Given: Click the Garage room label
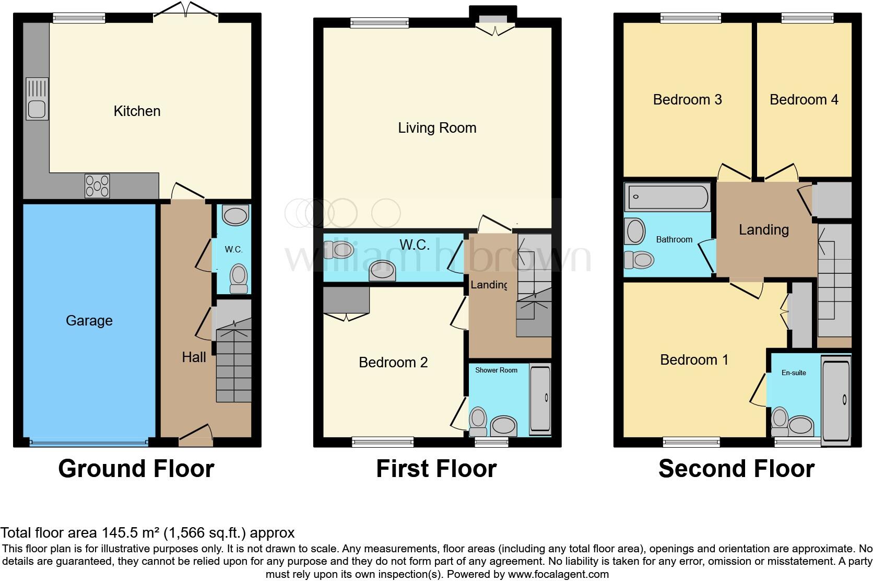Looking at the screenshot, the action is pos(89,320).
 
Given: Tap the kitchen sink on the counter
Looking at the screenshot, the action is pos(37,99).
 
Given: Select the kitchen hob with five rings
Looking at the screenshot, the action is pos(97,185).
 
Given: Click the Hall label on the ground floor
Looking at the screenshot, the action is pos(194,357).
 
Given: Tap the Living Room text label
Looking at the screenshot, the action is pos(437,128).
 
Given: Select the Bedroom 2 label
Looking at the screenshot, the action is pos(393,363).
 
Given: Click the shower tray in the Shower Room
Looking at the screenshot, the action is pos(540,399).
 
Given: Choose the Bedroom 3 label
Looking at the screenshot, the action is pos(688,100).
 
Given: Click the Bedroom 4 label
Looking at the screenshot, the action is pos(804,100).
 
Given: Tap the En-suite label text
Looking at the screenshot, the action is pos(794,373).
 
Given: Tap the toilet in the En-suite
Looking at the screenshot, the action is pos(780,422).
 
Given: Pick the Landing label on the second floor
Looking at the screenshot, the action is pos(764,230).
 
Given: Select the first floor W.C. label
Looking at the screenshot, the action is pos(415,245).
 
